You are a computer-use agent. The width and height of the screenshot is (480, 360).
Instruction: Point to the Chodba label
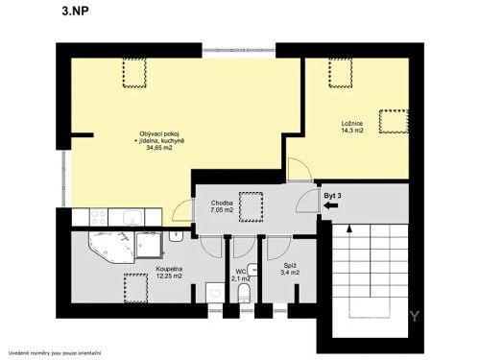pyautogui.click(x=223, y=203)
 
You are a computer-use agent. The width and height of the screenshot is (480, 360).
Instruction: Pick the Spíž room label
pyautogui.click(x=289, y=267)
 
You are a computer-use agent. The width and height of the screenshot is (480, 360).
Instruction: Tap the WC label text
pyautogui.click(x=241, y=273)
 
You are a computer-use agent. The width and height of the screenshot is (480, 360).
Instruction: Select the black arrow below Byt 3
pyautogui.click(x=332, y=217)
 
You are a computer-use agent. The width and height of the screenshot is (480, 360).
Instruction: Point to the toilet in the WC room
pyautogui.click(x=244, y=293)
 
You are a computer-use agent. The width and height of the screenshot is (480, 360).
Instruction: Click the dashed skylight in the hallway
pyautogui.click(x=252, y=204)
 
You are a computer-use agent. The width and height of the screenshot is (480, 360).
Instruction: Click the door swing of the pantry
pyautogui.click(x=278, y=248)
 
